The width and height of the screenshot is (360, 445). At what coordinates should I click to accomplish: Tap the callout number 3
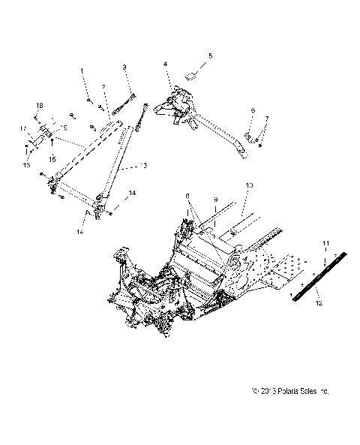[x=125, y=68]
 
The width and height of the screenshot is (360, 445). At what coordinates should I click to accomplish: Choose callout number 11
[x=326, y=245]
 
